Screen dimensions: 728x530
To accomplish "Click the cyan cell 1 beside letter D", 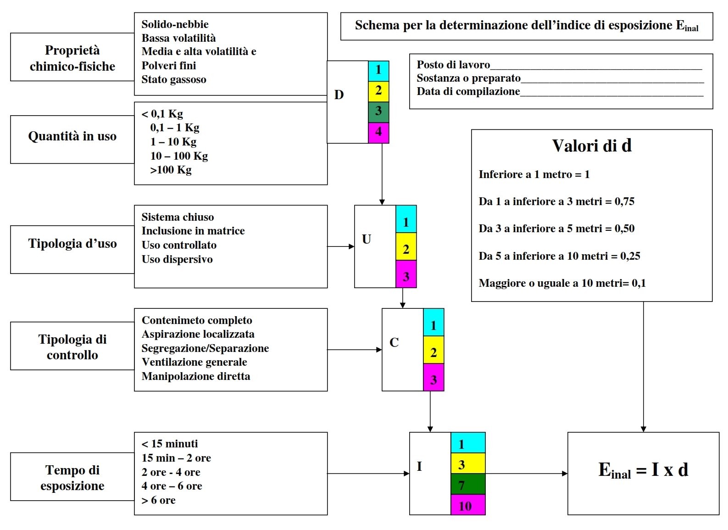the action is (378, 71).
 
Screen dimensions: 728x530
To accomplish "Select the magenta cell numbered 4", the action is (378, 133).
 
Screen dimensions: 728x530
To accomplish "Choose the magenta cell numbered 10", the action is (468, 505).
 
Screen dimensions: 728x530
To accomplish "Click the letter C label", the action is (394, 342).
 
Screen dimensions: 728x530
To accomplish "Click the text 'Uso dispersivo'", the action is (177, 259).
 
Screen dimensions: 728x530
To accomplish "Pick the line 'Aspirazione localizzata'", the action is (198, 334).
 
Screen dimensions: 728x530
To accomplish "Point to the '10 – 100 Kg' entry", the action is (179, 156).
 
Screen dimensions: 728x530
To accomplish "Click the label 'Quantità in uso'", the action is (72, 136).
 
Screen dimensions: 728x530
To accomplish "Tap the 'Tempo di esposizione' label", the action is (72, 478).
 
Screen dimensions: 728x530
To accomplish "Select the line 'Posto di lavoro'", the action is (453, 65).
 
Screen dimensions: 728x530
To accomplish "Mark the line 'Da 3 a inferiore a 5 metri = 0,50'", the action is (556, 229).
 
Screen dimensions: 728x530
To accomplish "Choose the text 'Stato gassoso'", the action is (174, 80).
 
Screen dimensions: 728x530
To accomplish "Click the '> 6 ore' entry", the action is (159, 500).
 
